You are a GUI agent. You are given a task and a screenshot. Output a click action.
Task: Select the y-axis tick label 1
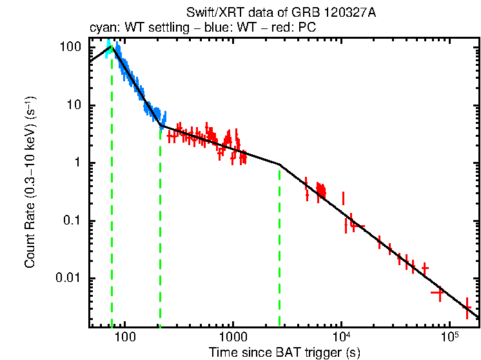tap(77, 163)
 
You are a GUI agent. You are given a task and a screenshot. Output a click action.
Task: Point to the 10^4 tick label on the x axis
tap(341, 337)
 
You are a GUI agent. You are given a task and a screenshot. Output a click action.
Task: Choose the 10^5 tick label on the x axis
tap(449, 337)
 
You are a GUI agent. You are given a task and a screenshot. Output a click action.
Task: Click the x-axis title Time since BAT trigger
tap(284, 352)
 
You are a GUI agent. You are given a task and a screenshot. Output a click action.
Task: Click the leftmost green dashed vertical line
tap(112, 194)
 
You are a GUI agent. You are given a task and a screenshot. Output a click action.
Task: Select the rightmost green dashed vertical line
tap(279, 245)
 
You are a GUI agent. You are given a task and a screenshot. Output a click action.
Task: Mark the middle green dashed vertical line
tap(160, 226)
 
